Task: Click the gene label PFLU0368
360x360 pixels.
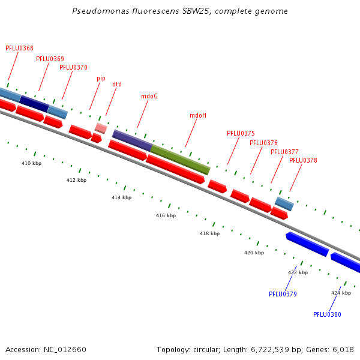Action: click(x=19, y=48)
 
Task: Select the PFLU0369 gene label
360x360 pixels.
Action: click(x=50, y=59)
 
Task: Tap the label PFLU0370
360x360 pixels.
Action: click(x=73, y=67)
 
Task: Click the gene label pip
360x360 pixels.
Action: click(x=101, y=78)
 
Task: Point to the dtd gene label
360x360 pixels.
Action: click(x=117, y=84)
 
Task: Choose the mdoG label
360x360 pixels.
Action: click(x=149, y=96)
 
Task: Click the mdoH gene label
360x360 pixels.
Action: click(x=198, y=115)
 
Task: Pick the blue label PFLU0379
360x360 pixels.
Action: click(x=283, y=294)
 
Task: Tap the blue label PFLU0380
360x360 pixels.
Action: click(x=327, y=314)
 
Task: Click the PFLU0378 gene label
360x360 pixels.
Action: click(x=303, y=160)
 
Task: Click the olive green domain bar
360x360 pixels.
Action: click(x=180, y=159)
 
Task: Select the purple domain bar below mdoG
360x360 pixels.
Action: click(x=132, y=140)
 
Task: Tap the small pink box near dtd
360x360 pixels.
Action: click(x=101, y=128)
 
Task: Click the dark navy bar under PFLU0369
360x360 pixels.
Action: click(x=34, y=103)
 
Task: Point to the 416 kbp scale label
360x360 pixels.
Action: click(x=166, y=215)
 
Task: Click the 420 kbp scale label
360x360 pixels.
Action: click(x=254, y=253)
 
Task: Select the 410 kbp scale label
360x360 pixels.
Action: click(x=31, y=163)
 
